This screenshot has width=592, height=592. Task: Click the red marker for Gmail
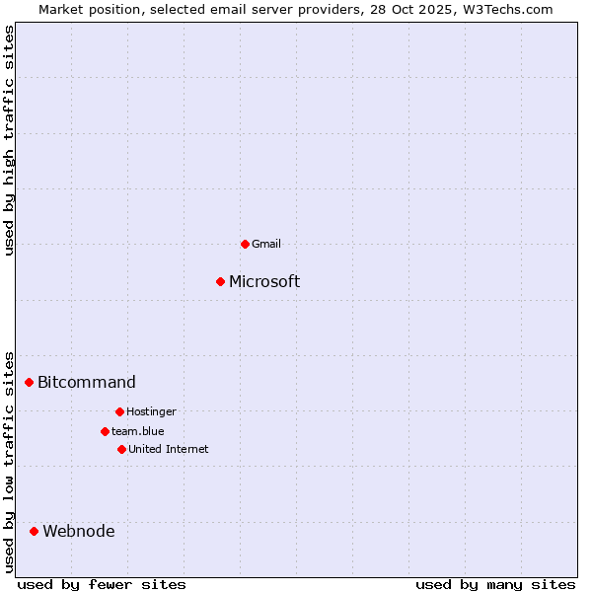coord(245,244)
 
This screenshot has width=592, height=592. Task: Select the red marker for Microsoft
coord(221,281)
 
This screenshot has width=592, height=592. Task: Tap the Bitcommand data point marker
coord(30,382)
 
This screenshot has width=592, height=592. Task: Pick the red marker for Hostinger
coord(119,411)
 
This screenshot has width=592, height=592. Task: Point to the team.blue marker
coord(105,431)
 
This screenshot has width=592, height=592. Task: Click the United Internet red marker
coord(121,449)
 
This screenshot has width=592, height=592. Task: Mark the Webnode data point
coord(35,531)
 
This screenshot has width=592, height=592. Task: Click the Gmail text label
coord(266,244)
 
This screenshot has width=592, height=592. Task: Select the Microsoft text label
coord(264,282)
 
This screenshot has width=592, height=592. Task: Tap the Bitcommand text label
coord(87,383)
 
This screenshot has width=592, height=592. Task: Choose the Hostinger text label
coord(151,411)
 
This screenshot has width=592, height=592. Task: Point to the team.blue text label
coord(137,431)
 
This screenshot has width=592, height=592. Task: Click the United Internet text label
coord(168,449)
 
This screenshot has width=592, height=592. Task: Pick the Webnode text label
coord(78,532)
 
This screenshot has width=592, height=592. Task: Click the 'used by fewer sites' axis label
coord(102,585)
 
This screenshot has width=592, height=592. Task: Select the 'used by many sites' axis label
coord(494,585)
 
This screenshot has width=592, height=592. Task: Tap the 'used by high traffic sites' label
coord(10,140)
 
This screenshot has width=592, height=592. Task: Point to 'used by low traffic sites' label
coord(10,461)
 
